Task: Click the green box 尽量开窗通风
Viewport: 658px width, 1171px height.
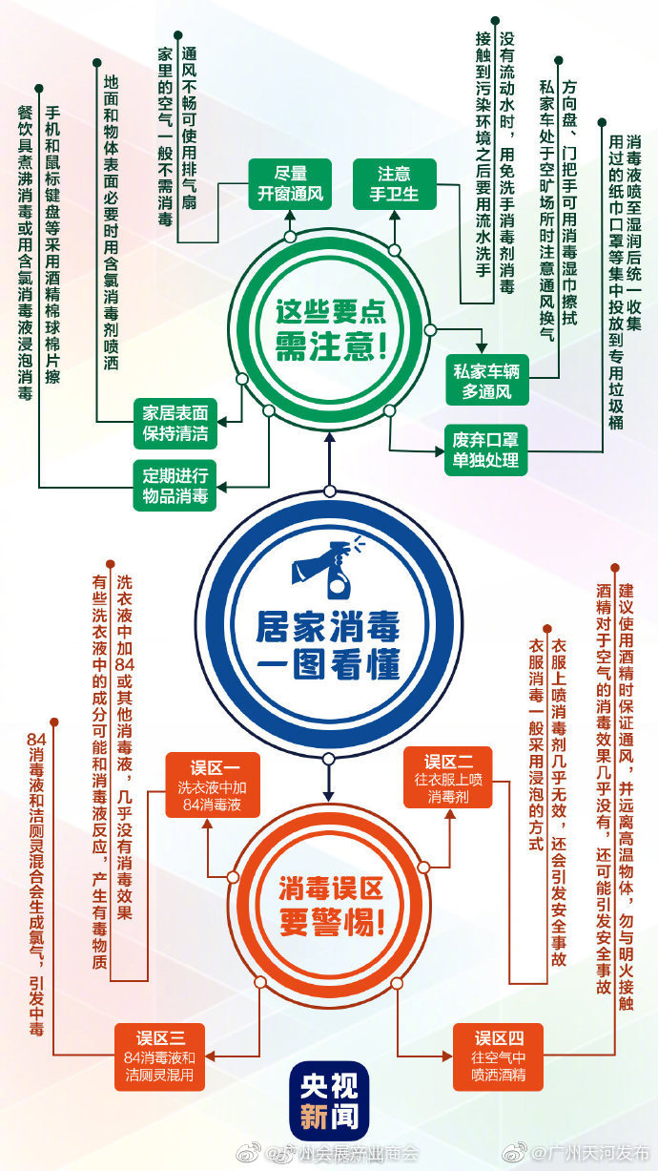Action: coord(290,184)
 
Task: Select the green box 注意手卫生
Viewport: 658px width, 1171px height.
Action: coord(395,184)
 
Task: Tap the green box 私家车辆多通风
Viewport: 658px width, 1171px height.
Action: coord(486,381)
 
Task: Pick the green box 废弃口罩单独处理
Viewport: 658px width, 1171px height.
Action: coord(485,450)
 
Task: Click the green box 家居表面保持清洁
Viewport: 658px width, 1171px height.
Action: coord(175,424)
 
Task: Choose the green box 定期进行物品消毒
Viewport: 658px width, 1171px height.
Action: coord(175,486)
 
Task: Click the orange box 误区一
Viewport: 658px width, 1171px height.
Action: coord(213,784)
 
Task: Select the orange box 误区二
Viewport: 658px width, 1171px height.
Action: coord(448,778)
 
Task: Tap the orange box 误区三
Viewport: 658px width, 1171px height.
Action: coord(160,1056)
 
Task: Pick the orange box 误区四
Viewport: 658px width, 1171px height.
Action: coord(498,1056)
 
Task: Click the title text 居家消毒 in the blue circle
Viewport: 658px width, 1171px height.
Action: coord(328,627)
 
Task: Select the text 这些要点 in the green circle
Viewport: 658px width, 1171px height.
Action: coord(331,311)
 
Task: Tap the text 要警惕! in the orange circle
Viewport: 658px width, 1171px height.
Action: coord(332,922)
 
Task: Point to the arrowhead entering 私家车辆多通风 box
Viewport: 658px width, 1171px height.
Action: coord(482,348)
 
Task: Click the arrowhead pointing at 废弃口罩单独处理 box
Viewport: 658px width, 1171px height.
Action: coord(440,450)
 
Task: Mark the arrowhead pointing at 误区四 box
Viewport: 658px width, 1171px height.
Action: coord(447,1056)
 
